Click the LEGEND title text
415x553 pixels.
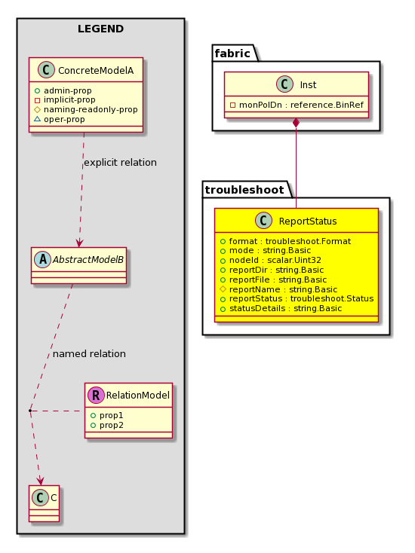[x=100, y=29]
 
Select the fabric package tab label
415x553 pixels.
[x=232, y=53]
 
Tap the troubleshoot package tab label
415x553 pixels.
[x=244, y=190]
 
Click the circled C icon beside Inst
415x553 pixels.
[x=284, y=84]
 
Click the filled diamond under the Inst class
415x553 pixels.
[x=296, y=123]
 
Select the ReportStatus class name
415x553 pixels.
[x=308, y=222]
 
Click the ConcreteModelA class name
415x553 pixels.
[x=96, y=71]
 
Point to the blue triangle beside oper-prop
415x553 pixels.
[x=37, y=119]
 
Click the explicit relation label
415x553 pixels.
[x=120, y=162]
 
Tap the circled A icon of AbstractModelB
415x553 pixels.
[x=43, y=260]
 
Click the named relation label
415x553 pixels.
[x=89, y=354]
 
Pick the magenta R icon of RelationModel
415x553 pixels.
[x=96, y=395]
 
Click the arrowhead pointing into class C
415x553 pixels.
[x=41, y=481]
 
